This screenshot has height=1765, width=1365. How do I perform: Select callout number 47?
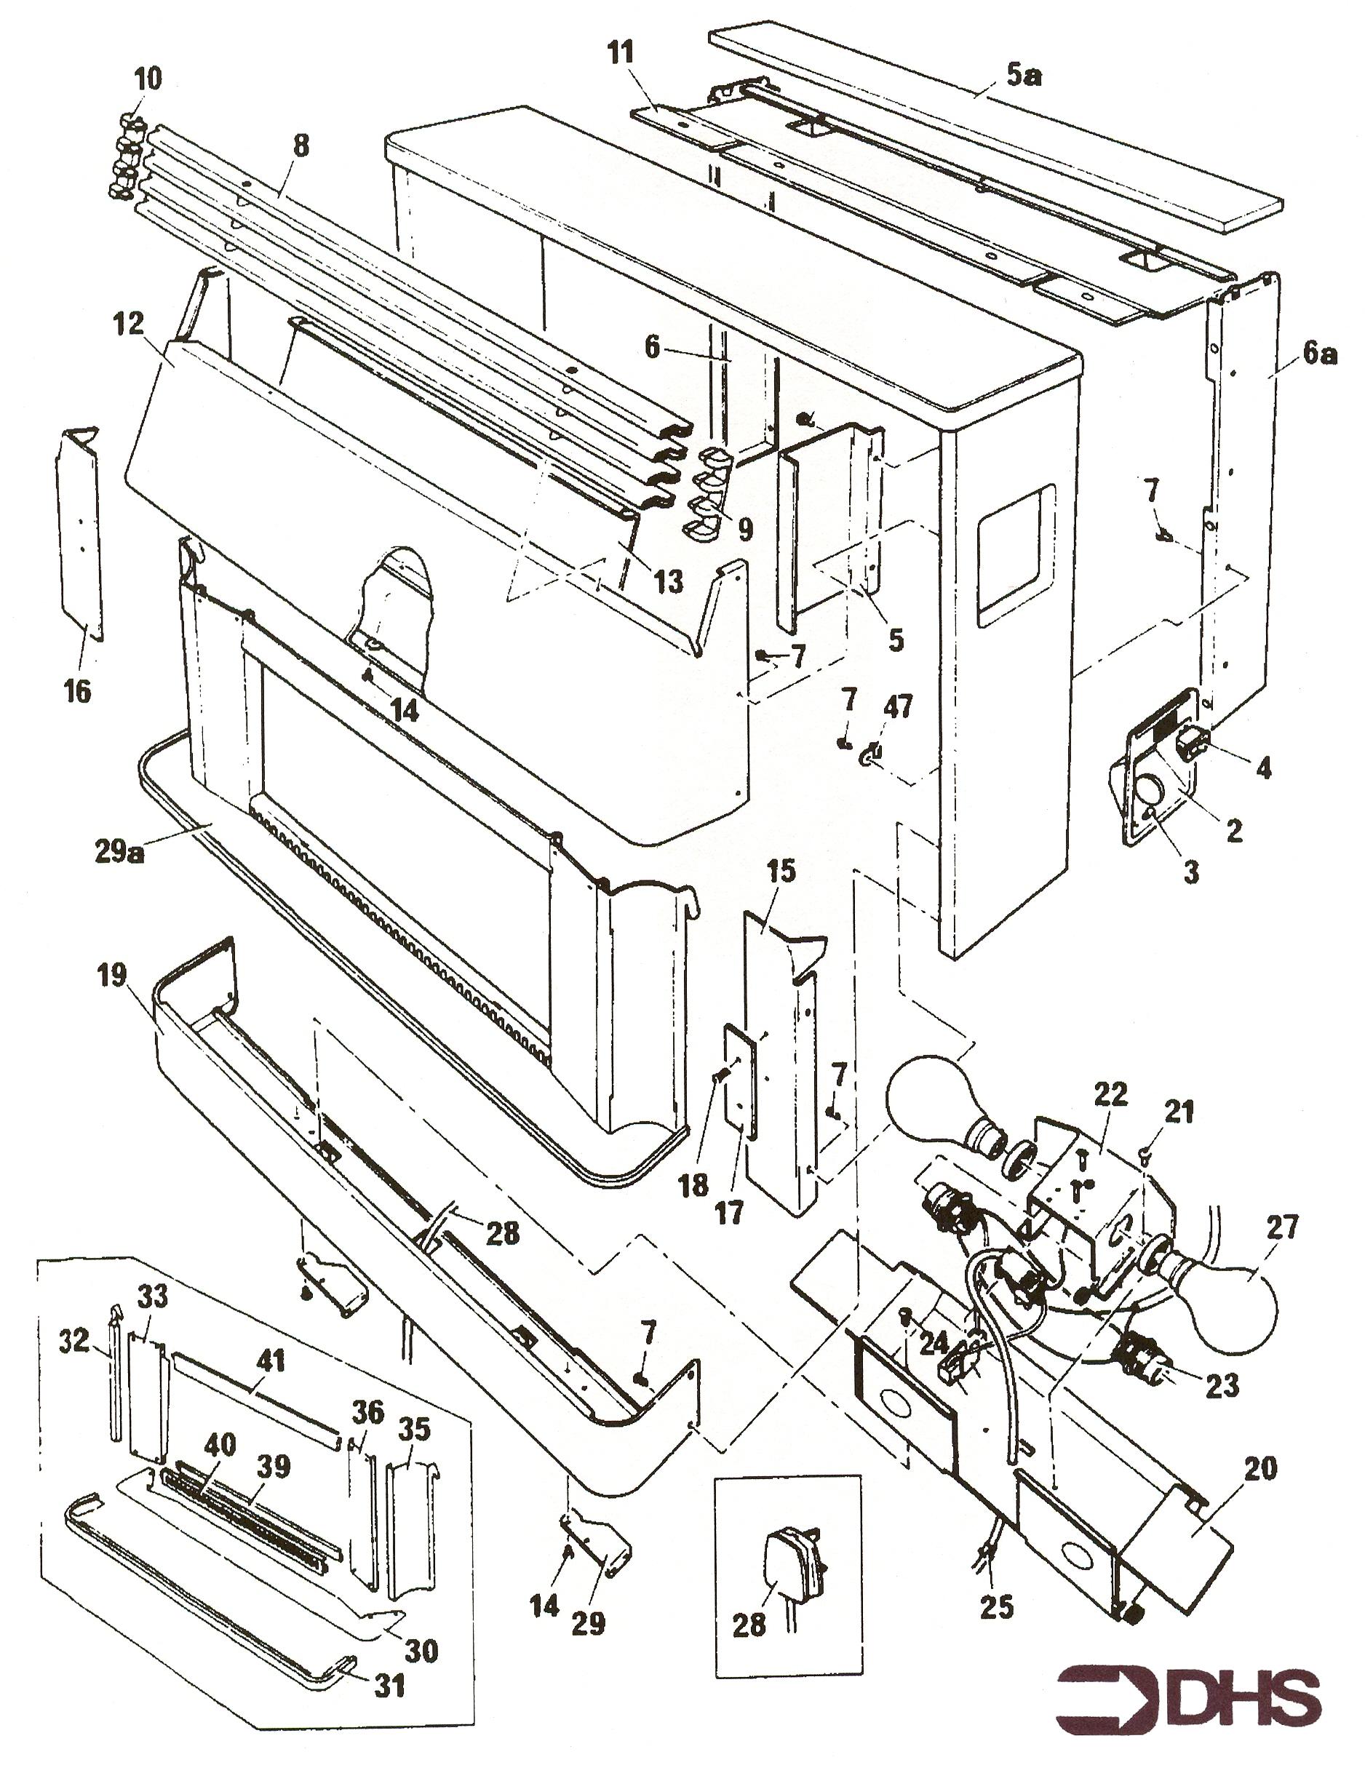898,707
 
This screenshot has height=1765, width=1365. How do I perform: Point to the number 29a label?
118,850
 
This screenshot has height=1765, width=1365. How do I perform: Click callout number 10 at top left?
148,79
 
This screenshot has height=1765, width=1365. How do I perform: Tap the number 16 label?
78,691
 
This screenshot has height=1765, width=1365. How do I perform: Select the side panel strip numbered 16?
79,533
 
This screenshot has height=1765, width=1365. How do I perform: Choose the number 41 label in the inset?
271,1361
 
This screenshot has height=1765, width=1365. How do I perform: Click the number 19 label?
112,976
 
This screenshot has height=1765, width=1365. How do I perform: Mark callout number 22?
1110,1095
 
